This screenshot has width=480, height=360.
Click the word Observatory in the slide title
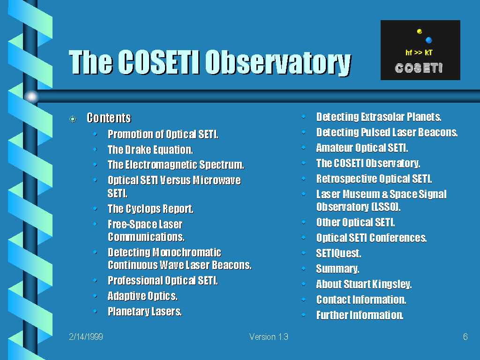[278, 62]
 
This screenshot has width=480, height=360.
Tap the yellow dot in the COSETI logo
[420, 31]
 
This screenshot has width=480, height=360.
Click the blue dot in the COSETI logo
[428, 40]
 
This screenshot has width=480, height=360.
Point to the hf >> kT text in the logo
[419, 52]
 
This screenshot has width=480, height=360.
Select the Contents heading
[109, 118]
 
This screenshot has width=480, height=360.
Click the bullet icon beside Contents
[73, 119]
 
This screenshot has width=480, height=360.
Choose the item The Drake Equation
[150, 150]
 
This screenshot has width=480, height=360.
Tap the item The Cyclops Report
[150, 209]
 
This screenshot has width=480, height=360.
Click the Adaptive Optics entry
[142, 296]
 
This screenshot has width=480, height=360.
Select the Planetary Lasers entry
[145, 312]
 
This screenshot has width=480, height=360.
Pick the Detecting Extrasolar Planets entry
[379, 117]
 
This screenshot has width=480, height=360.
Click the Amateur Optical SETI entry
[362, 148]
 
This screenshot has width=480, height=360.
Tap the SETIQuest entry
[338, 253]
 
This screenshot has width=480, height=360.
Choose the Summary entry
[337, 269]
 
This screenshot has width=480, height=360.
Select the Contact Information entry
[361, 300]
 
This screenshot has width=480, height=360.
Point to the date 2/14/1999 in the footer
[86, 337]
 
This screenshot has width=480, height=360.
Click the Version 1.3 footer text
[269, 337]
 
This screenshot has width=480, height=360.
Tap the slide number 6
[465, 337]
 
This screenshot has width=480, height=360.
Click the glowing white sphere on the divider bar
[31, 97]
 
